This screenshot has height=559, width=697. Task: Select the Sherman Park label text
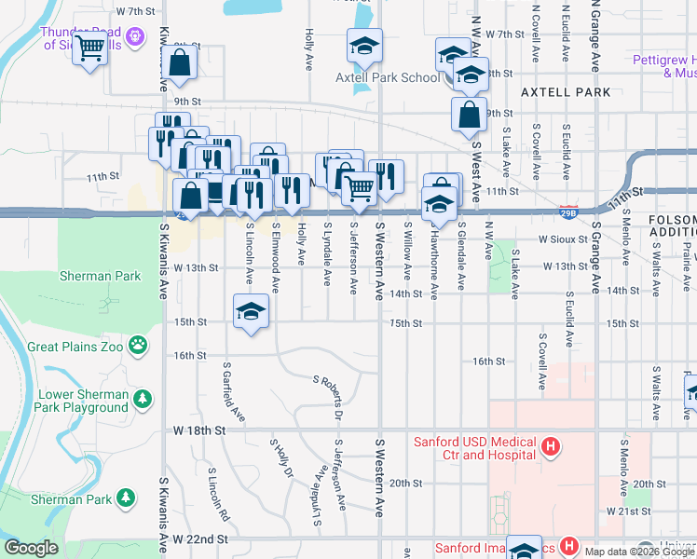click(100, 276)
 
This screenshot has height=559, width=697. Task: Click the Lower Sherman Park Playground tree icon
click(142, 400)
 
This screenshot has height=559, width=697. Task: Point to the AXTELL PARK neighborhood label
click(566, 92)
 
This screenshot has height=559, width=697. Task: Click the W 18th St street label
click(199, 430)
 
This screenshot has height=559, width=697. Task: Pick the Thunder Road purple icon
click(136, 36)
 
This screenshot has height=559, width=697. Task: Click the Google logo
click(31, 548)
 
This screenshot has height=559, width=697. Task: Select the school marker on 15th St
click(251, 312)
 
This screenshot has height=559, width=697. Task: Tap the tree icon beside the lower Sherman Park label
click(123, 499)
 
